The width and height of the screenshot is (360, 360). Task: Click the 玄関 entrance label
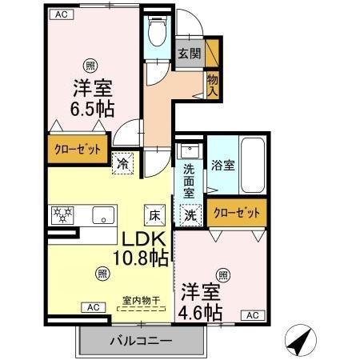click(x=189, y=54)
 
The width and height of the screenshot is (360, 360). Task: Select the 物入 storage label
click(x=212, y=84)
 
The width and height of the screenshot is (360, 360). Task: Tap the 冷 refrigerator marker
click(x=123, y=162)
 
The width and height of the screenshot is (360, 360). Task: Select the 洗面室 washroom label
click(x=190, y=180)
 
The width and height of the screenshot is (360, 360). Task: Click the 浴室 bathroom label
click(x=222, y=166)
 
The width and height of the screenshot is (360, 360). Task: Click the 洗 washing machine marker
click(x=190, y=214)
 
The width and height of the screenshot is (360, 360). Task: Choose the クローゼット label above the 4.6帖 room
click(x=237, y=213)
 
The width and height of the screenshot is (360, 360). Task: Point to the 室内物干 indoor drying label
click(x=142, y=301)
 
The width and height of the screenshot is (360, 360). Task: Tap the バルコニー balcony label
click(x=141, y=341)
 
